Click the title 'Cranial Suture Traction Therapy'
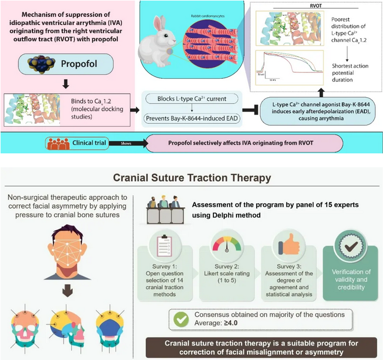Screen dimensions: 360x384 pyautogui.click(x=191, y=176)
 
